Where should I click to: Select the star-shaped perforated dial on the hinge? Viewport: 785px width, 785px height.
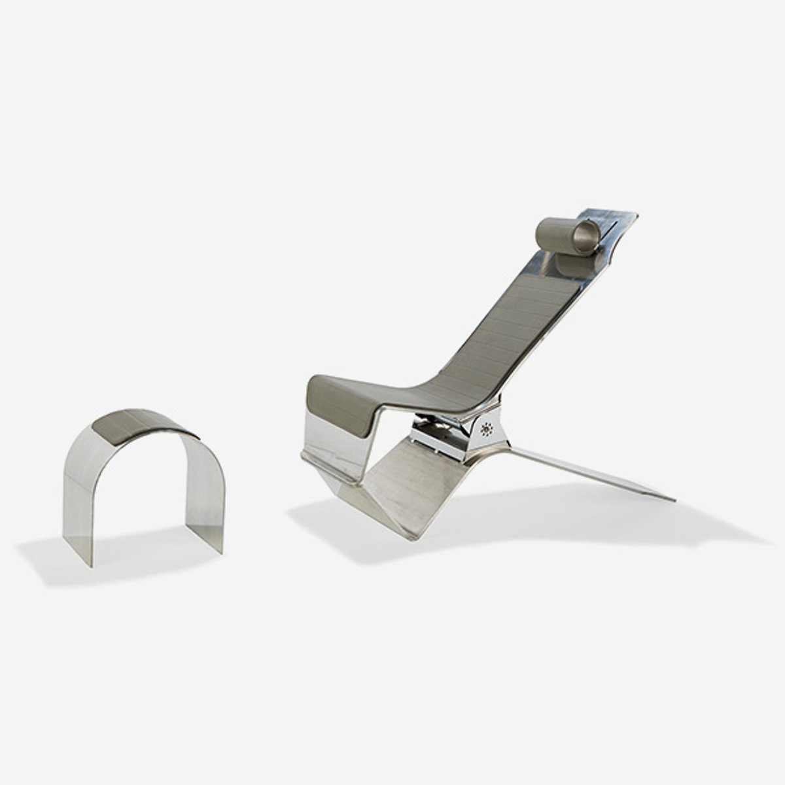point(487,430)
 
